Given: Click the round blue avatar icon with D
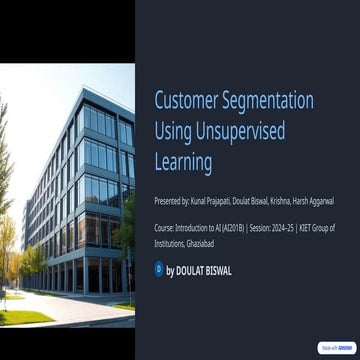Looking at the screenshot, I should coord(158,269).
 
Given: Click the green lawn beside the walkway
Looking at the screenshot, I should coord(25,317).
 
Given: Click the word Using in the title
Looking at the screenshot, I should coord(175,131).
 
